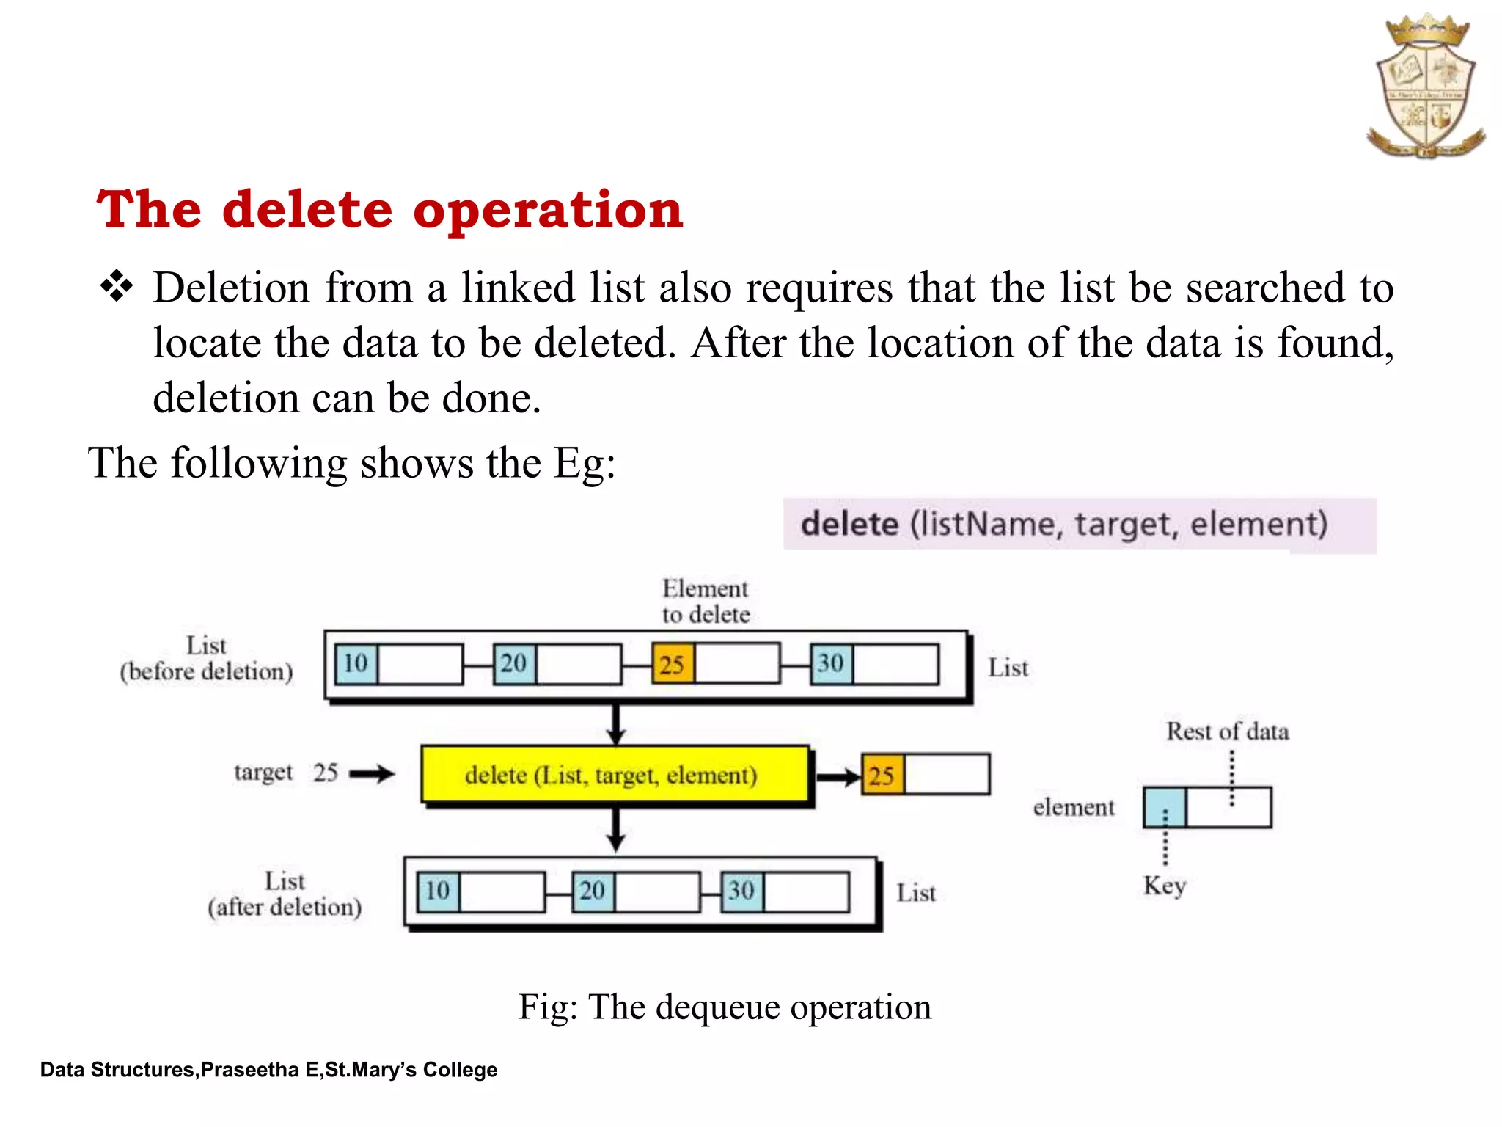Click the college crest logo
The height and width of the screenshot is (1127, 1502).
pos(1425,87)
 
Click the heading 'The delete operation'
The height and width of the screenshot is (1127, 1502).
pos(389,210)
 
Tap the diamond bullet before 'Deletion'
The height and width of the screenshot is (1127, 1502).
pos(117,286)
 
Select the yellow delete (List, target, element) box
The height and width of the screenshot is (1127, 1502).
pos(615,775)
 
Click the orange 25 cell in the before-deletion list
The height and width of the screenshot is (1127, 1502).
pos(672,664)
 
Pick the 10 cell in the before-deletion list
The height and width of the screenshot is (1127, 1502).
pos(356,664)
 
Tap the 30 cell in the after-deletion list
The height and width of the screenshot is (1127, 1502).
pos(741,891)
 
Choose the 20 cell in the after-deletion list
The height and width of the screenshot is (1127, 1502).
pos(593,891)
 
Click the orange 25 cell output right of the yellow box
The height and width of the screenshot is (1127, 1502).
pos(882,775)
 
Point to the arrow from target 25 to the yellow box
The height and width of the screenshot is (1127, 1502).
pos(372,773)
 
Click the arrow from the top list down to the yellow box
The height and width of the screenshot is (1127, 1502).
pos(616,724)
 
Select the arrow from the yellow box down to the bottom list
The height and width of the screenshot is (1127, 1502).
pos(616,830)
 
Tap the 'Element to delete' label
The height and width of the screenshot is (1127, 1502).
pos(706,601)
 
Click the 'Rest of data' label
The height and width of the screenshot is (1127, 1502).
pos(1227,732)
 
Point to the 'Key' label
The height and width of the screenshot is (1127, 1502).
pos(1165,886)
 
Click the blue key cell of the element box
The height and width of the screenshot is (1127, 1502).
pos(1165,807)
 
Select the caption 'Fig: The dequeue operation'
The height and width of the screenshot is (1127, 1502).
pos(725,1007)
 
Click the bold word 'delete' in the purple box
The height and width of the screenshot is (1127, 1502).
pos(849,525)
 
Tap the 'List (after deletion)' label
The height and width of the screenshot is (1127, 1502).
pos(285,894)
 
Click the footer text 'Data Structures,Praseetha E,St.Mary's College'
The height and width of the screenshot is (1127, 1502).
pos(268,1070)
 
